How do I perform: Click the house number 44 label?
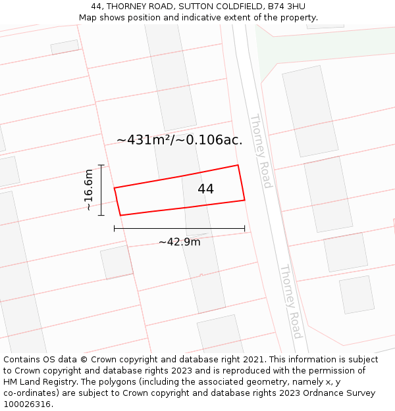click(205, 189)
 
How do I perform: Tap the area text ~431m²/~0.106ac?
click(179, 140)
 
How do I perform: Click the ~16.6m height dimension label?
click(89, 190)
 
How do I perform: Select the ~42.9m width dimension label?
click(179, 242)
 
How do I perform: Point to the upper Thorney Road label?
click(260, 151)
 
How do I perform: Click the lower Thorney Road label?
click(290, 301)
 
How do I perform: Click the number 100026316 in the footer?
click(27, 404)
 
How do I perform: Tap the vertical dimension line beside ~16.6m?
click(101, 190)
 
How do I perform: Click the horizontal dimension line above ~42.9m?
click(179, 229)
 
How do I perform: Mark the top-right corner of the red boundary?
click(238, 165)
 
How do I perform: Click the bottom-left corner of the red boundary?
click(120, 215)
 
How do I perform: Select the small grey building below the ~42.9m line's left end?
click(117, 262)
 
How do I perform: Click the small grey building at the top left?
click(65, 47)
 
